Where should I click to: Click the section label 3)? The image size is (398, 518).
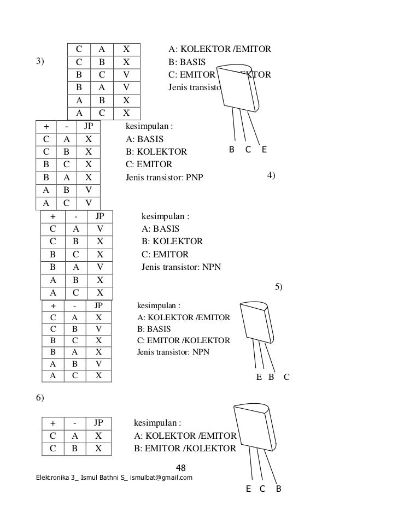coord(40,61)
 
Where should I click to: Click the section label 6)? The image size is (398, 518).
coord(40,398)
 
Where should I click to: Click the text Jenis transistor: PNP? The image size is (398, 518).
coord(164,178)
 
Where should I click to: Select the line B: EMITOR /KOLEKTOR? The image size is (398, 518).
coord(185,449)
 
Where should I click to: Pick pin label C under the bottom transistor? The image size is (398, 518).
coord(262,488)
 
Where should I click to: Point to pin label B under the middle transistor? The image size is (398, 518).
coord(270,376)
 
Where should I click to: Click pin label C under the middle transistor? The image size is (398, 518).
coord(286,376)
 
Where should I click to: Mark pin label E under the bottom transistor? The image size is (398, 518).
coord(249,488)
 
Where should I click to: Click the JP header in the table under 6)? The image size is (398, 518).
coord(98,422)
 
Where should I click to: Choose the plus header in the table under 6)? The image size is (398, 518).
coord(53,422)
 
